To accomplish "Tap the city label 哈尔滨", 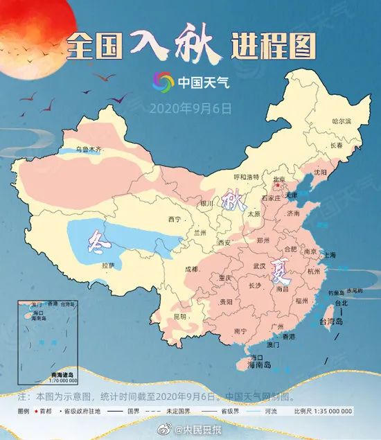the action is (342, 121).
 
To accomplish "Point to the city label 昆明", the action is (179, 317).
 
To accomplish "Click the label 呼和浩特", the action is (245, 177).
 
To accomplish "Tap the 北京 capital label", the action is (279, 179).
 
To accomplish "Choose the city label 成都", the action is (190, 269).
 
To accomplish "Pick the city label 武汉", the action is (260, 266).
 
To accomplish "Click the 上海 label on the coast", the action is (328, 255).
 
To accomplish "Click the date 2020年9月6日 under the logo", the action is (190, 108).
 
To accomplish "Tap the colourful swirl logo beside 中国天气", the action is (164, 83).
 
